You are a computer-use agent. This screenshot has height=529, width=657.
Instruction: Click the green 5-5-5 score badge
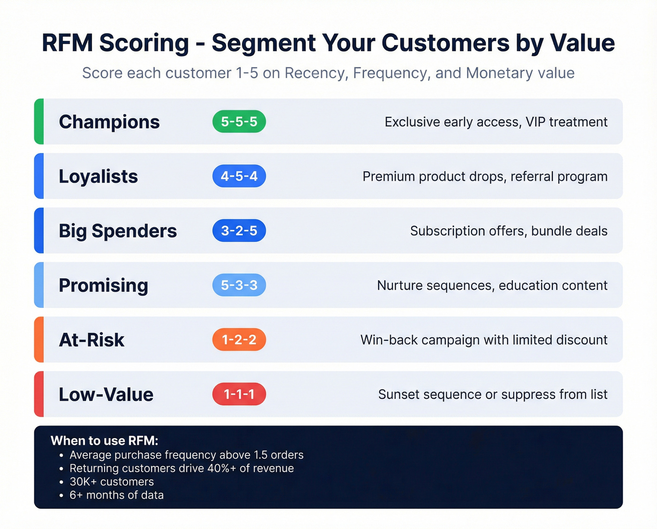(239, 122)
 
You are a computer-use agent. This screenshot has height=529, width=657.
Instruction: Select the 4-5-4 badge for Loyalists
(239, 176)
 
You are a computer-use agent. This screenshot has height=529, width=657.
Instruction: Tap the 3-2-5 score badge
(239, 230)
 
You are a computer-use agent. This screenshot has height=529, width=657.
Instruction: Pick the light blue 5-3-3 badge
(239, 285)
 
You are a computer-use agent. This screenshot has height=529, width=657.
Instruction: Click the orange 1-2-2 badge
(239, 339)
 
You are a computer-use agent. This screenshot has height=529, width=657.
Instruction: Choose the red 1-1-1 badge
(239, 394)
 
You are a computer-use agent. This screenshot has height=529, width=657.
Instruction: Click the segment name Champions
(109, 122)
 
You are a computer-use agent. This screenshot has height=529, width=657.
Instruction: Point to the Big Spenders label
(117, 231)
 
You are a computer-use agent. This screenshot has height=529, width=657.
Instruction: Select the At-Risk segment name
(92, 340)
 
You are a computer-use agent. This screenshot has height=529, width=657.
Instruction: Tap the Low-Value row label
(106, 394)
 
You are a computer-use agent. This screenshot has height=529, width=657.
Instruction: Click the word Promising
(103, 285)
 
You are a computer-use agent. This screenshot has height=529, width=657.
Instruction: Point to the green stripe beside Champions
(39, 122)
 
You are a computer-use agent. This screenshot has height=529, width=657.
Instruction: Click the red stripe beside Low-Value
(39, 394)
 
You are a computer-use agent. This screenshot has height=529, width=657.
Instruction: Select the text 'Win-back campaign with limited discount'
(483, 340)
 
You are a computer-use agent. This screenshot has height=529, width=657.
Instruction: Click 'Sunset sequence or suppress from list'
(492, 394)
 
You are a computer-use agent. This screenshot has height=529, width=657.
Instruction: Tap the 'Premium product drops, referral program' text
(485, 176)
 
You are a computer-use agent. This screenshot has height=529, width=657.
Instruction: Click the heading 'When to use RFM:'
(104, 441)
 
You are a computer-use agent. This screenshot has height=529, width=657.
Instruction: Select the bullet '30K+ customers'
(112, 482)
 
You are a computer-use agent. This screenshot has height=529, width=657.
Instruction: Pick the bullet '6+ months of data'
(116, 495)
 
